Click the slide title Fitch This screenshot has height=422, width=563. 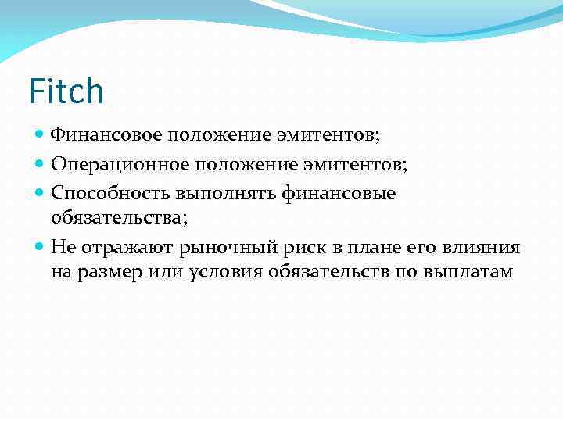tap(66, 91)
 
